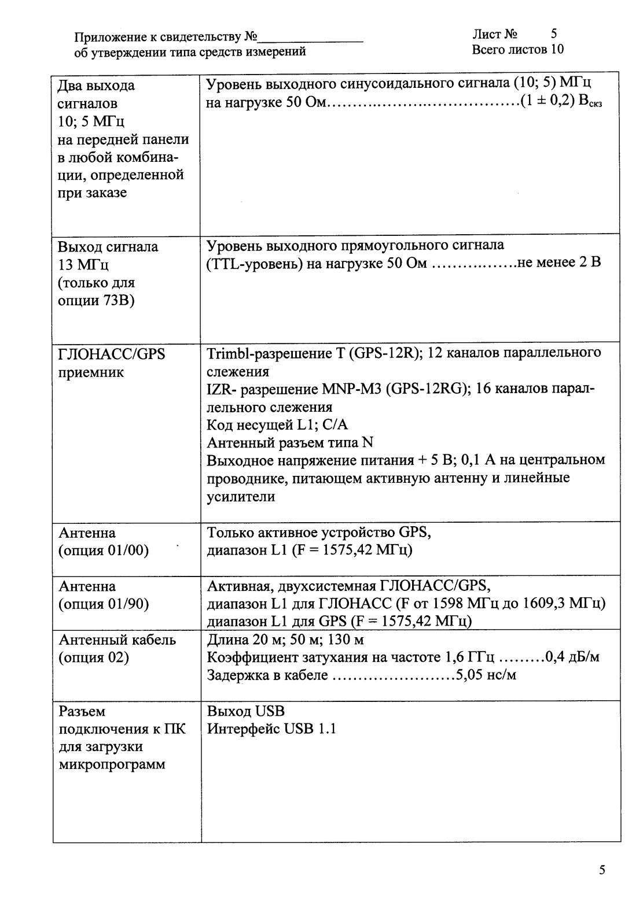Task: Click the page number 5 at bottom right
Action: coord(602,870)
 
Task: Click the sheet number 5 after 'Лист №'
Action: coord(554,34)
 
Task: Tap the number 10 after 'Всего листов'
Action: coord(557,49)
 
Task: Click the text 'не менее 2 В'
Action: coord(558,263)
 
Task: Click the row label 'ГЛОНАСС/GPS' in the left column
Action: coord(112,354)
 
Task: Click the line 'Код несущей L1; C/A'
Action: coord(277,425)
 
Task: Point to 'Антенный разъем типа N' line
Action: coord(290,443)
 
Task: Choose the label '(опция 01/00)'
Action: coord(104,550)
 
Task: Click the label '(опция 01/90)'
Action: coord(104,604)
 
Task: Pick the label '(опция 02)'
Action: coord(94,657)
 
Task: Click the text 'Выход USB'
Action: coord(246,711)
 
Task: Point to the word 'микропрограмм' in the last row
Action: coord(112,764)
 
